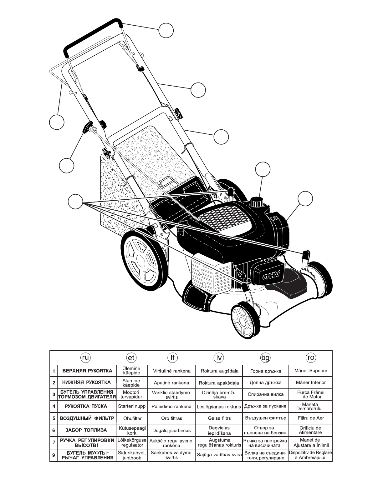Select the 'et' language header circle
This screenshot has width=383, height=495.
click(x=131, y=357)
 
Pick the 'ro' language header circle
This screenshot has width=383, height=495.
click(x=311, y=357)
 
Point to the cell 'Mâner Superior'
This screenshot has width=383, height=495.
click(x=311, y=371)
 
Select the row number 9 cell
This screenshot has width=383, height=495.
click(x=54, y=455)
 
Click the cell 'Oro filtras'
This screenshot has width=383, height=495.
click(x=171, y=418)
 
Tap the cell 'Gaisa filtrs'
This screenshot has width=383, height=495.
click(x=219, y=418)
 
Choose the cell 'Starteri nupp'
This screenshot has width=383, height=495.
click(x=132, y=406)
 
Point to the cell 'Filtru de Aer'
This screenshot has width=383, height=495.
click(x=311, y=418)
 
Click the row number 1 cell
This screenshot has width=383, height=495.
click(x=54, y=371)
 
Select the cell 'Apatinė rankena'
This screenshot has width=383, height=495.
click(x=171, y=382)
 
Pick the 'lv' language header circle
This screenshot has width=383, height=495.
click(x=219, y=357)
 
